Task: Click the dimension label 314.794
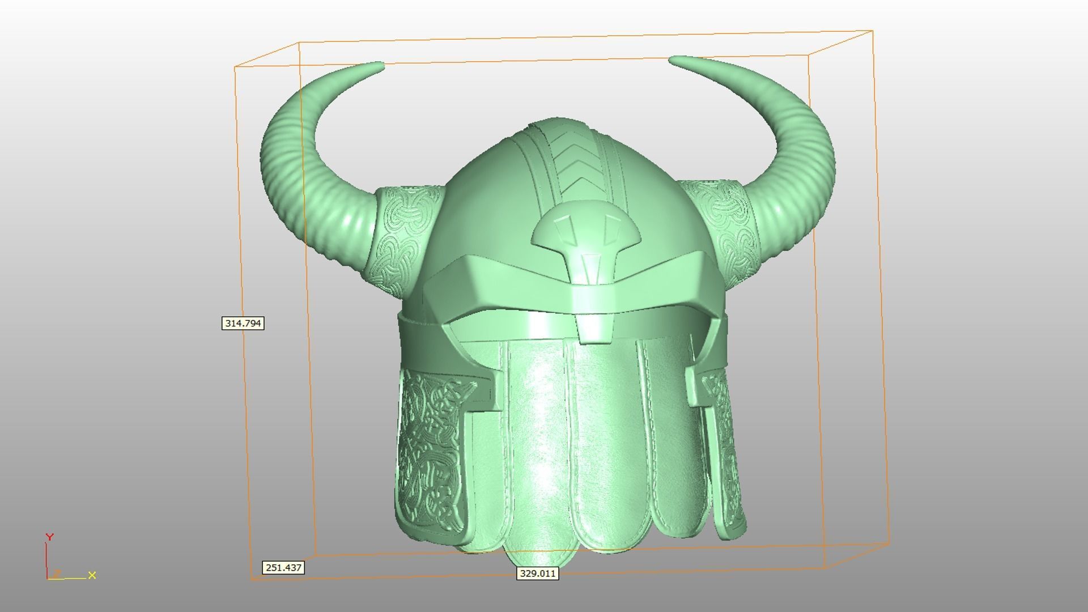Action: (243, 324)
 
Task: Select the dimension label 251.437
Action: (283, 567)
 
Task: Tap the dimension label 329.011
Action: (538, 573)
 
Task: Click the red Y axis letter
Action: (49, 537)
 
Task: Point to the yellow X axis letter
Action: (92, 575)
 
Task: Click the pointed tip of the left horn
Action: (381, 66)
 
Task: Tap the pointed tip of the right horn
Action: (673, 58)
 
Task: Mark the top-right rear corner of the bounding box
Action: (872, 31)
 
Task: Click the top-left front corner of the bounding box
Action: (235, 67)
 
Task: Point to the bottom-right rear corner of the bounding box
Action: (889, 542)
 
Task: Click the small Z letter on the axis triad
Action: (57, 573)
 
